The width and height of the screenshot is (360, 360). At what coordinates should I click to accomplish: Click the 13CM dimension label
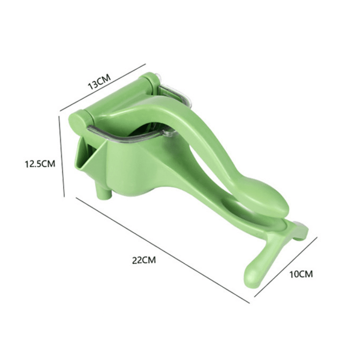tap(99, 81)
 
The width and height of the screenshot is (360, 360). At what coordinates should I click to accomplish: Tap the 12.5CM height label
tap(40, 164)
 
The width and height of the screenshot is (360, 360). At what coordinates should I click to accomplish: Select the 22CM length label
tap(144, 260)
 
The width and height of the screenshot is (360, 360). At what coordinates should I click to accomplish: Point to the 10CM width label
tap(301, 274)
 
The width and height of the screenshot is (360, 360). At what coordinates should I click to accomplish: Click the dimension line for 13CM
tap(103, 87)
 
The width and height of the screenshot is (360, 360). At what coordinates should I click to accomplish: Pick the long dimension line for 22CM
tap(162, 250)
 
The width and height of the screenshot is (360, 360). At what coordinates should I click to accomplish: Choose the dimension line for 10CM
tap(286, 266)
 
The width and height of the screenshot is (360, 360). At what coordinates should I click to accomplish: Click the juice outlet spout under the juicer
tap(104, 193)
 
